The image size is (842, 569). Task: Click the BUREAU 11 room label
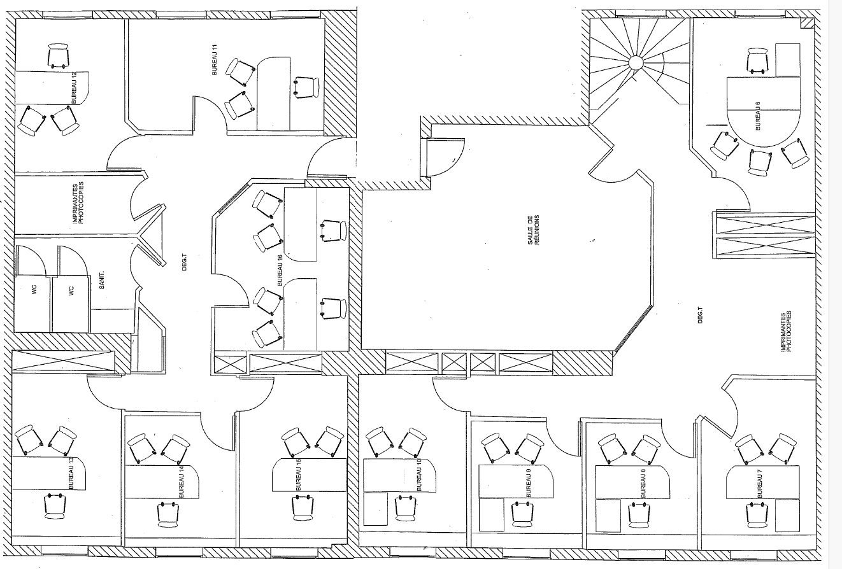(x=215, y=60)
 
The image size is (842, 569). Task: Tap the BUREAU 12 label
(x=74, y=88)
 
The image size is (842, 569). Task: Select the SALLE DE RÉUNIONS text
(x=533, y=230)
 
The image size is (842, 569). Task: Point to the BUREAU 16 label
(x=280, y=270)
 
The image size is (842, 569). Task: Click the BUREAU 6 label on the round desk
(x=758, y=116)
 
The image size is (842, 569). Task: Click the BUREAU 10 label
(x=420, y=474)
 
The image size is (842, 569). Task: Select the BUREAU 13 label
(x=71, y=473)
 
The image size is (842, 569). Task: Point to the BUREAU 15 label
(x=299, y=474)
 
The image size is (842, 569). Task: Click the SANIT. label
(x=102, y=280)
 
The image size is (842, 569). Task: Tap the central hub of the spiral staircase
(x=636, y=62)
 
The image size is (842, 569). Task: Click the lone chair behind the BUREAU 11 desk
(x=306, y=87)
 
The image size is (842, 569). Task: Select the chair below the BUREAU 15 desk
(x=303, y=508)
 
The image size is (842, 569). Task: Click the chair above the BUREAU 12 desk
(x=59, y=56)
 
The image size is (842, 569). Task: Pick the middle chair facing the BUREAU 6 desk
(x=760, y=162)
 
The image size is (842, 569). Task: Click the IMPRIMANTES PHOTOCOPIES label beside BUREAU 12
(x=78, y=203)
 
